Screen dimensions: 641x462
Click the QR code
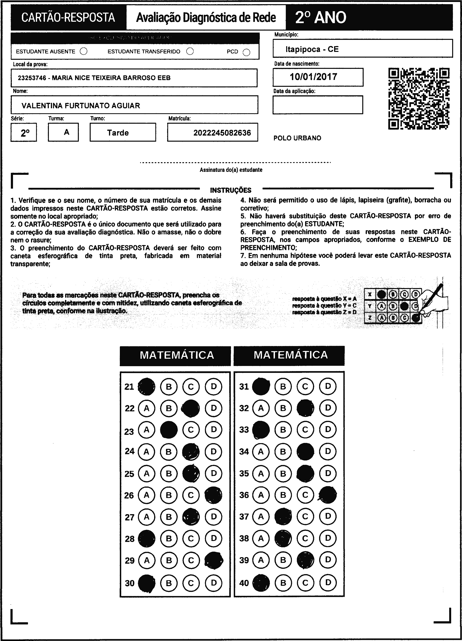tap(419, 99)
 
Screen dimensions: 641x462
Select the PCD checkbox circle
tap(246, 52)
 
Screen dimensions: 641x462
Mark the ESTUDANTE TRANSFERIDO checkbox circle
tap(190, 51)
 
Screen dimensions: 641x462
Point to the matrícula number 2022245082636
tap(222, 133)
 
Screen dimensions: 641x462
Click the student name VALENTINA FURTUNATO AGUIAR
tap(81, 106)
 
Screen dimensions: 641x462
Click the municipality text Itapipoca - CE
tap(312, 49)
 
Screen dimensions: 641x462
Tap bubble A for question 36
tap(261, 495)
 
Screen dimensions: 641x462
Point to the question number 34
tap(244, 452)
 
